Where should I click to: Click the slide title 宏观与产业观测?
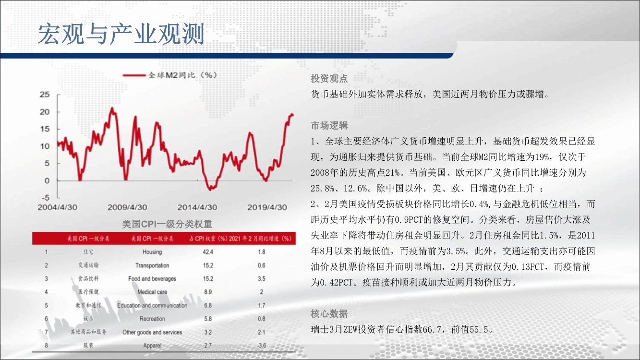coord(121,34)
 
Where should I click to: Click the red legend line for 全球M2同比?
coord(134,75)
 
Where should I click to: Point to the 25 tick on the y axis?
coord(45,95)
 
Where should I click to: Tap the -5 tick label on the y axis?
coord(46,198)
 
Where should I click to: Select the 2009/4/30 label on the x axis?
coord(127,207)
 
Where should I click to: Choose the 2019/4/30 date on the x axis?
coord(267,207)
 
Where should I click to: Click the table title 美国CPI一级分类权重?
coord(167,224)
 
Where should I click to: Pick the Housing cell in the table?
coord(152,252)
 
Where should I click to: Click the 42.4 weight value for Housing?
coord(208,252)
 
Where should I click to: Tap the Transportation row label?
coord(152,265)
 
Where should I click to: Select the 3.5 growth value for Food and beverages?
coord(262,278)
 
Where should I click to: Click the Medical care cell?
coord(152,292)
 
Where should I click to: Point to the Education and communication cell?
coord(152,305)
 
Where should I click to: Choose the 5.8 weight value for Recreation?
coord(208,319)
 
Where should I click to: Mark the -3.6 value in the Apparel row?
coord(262,346)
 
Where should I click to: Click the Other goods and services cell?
coord(152,332)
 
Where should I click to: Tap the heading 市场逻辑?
coord(329,125)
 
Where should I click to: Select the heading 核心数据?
coord(329,314)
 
